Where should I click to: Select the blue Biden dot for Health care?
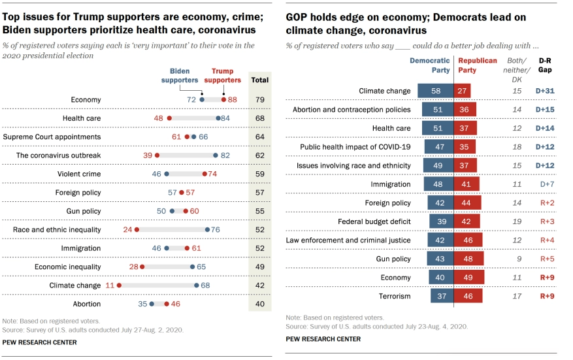[x=218, y=118]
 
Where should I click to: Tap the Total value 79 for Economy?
[x=259, y=100]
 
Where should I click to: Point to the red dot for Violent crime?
[x=205, y=174]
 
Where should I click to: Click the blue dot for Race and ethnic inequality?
[x=207, y=229]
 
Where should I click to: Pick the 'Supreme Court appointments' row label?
[x=52, y=137]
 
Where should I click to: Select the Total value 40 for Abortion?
[x=259, y=304]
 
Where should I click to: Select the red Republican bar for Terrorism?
[x=468, y=296]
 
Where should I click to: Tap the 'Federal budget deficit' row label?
[x=374, y=221]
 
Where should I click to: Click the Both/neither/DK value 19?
[x=517, y=221]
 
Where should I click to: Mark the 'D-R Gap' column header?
[x=544, y=65]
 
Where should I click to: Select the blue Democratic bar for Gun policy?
[x=440, y=259]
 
